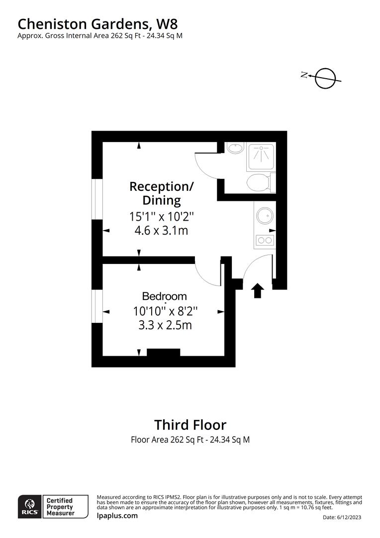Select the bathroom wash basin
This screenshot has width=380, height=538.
(x=235, y=148)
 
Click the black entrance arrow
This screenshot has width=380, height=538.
(x=258, y=290)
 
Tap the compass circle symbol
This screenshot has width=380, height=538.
(x=326, y=78)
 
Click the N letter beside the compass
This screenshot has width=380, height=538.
(x=304, y=75)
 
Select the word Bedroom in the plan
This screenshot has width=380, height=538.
(x=164, y=296)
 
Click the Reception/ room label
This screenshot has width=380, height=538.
(x=162, y=186)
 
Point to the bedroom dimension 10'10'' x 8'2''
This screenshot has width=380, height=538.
(x=165, y=311)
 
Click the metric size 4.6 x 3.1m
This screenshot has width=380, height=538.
(x=161, y=231)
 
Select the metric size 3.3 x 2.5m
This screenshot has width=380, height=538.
(x=165, y=325)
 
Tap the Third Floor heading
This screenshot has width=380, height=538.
(x=190, y=425)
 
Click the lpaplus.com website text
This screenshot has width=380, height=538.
(x=117, y=516)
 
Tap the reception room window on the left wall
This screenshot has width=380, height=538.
(x=97, y=199)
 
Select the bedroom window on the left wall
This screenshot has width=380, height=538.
(x=97, y=305)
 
